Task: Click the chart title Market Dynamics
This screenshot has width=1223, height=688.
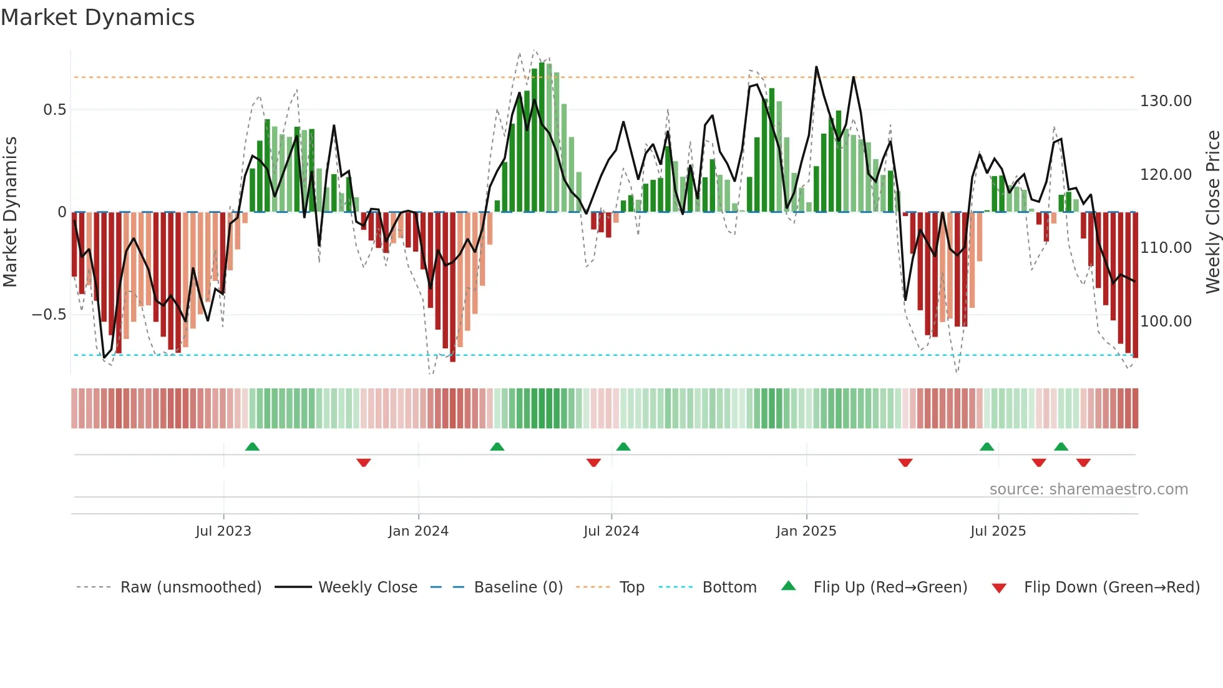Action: point(97,17)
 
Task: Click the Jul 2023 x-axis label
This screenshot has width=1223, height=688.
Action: point(223,531)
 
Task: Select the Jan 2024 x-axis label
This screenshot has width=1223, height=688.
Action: point(418,531)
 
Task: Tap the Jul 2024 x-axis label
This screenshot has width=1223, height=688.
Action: point(611,531)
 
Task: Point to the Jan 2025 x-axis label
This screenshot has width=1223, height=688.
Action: point(806,531)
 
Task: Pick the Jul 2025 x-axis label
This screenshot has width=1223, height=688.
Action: point(998,531)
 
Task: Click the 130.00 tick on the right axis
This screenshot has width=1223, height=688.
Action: point(1166,101)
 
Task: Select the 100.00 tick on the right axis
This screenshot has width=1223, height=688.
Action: point(1166,322)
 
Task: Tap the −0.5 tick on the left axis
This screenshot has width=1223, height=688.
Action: point(49,315)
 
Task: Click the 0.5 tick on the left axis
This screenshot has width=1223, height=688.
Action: point(55,110)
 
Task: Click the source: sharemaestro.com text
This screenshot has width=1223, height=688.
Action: point(1088,489)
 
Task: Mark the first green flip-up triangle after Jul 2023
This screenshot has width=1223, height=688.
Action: point(252,447)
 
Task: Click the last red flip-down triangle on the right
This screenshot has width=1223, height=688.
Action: point(1083,463)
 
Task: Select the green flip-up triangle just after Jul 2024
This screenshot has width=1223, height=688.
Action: point(623,447)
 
